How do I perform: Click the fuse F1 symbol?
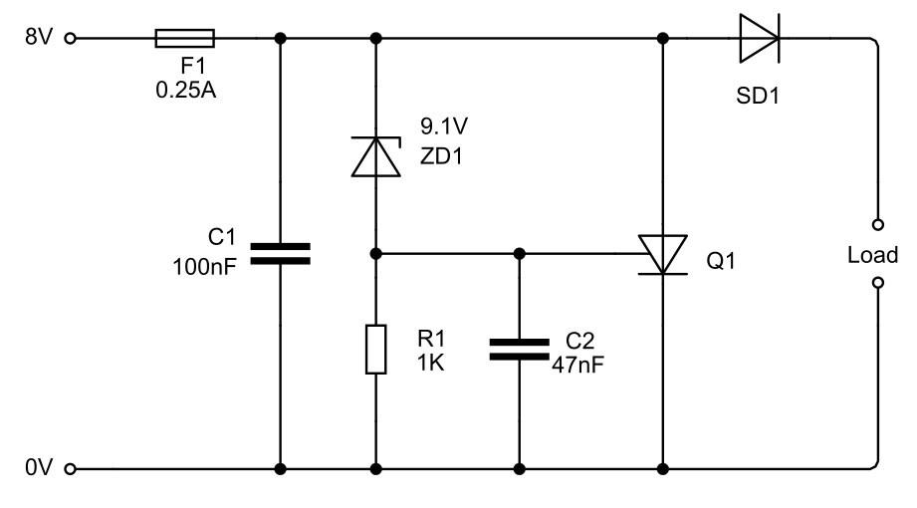pos(185,39)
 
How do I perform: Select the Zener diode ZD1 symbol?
pos(376,156)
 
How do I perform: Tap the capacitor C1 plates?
pos(280,253)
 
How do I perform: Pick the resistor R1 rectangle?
pos(376,349)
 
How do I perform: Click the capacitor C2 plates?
pos(519,349)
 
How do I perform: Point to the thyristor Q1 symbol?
pos(663,253)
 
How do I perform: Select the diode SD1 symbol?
pos(759,39)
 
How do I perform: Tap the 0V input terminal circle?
pos(70,468)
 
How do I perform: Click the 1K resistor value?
pos(431,364)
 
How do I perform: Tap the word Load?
pos(872,254)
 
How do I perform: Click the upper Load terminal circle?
pos(878,224)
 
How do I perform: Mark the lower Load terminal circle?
pos(878,283)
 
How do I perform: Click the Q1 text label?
pos(721,262)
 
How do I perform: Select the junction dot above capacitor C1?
pos(280,39)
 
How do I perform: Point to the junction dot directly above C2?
pos(519,253)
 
